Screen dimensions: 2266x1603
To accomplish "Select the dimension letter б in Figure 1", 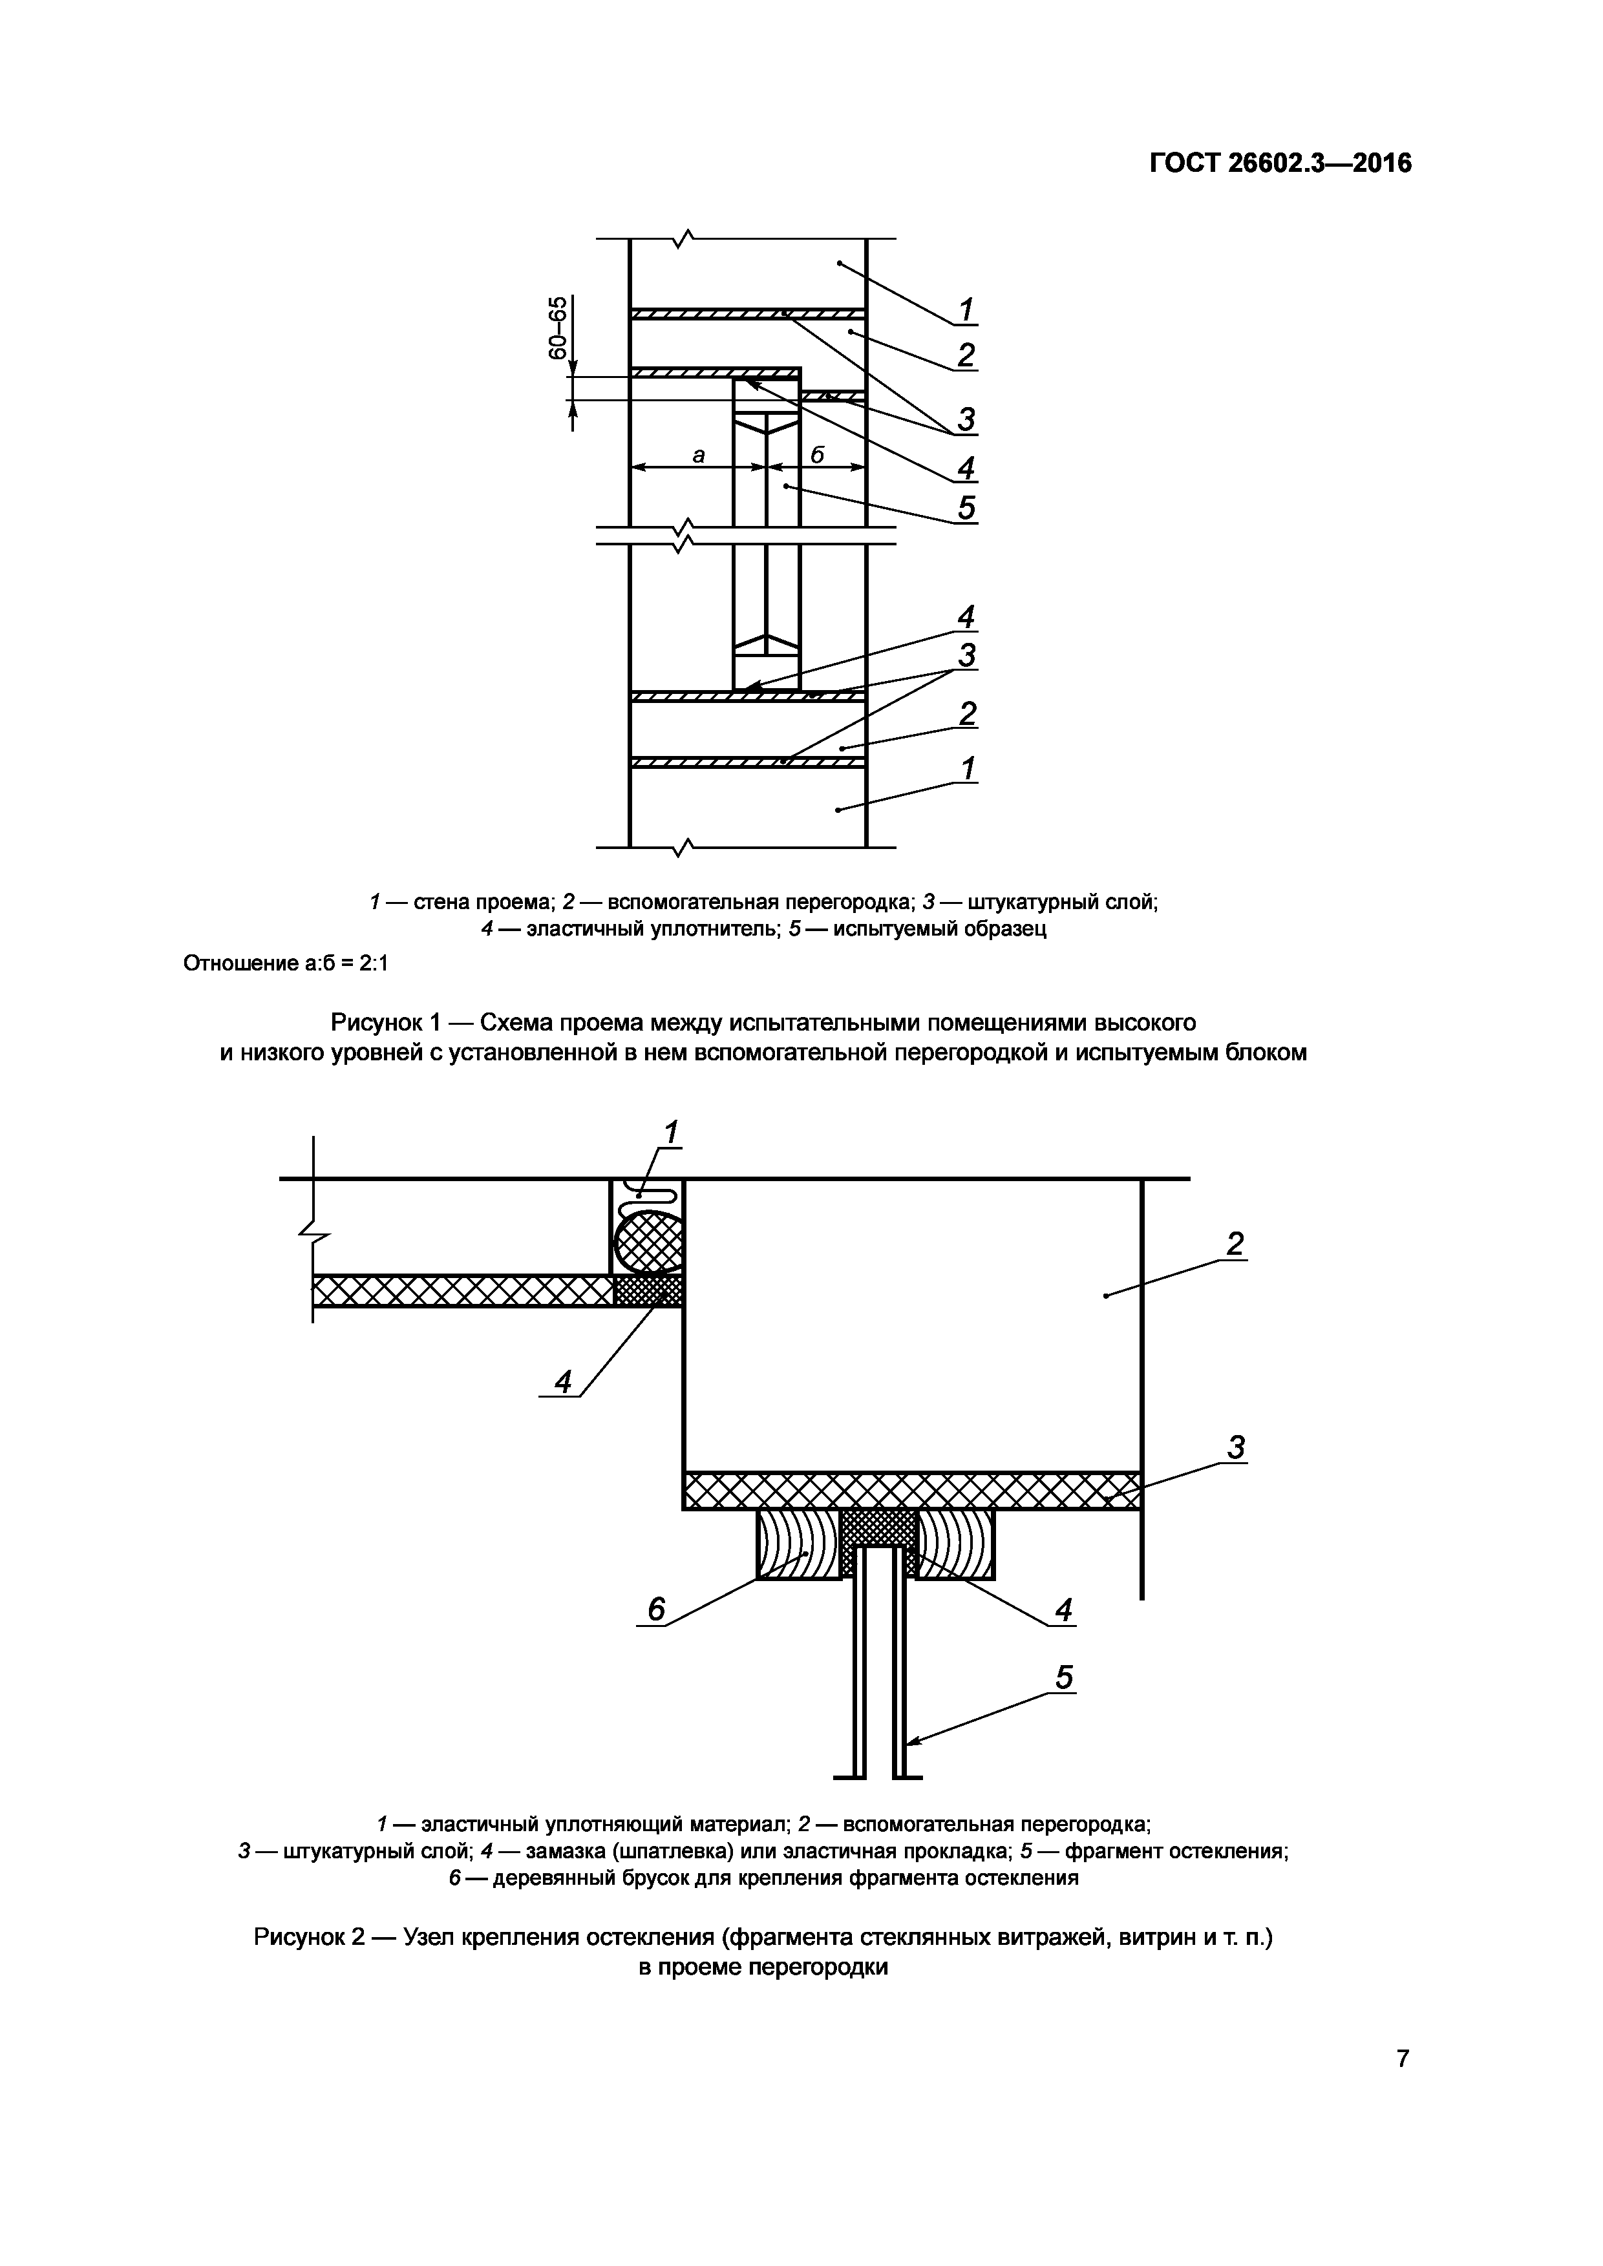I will pos(817,455).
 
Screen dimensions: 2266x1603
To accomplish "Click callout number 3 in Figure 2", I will pos(1236,1448).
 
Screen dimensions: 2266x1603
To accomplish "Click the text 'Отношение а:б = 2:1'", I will pos(286,963).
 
